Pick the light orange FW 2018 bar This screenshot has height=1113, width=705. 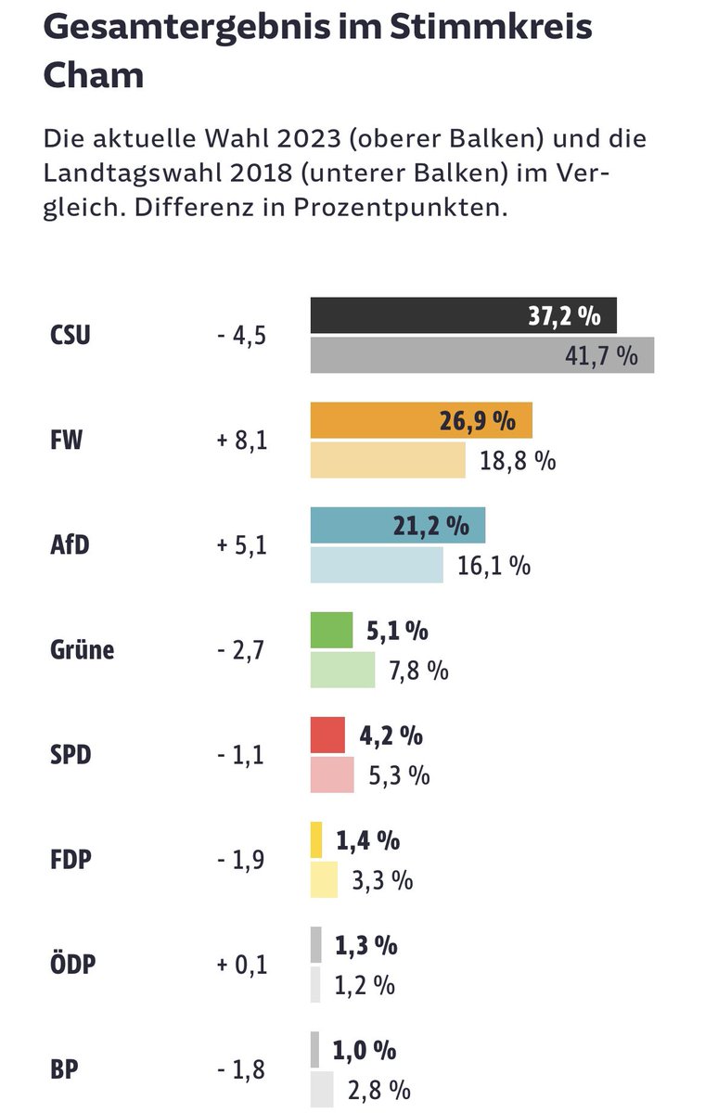388,460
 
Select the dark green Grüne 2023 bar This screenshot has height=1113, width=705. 331,630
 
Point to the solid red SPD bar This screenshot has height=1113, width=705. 327,735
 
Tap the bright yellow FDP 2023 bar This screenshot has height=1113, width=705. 316,839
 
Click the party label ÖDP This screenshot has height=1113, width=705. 73,965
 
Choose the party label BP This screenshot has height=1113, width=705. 64,1069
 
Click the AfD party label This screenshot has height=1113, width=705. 70,545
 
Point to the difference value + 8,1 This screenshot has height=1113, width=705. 241,441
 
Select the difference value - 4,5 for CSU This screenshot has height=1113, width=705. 241,336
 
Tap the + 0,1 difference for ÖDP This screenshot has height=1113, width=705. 241,965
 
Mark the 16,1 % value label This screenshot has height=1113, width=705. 493,565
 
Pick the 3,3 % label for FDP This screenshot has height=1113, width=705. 382,879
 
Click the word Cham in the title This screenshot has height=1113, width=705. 94,74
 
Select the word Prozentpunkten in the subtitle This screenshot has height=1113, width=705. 401,206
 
